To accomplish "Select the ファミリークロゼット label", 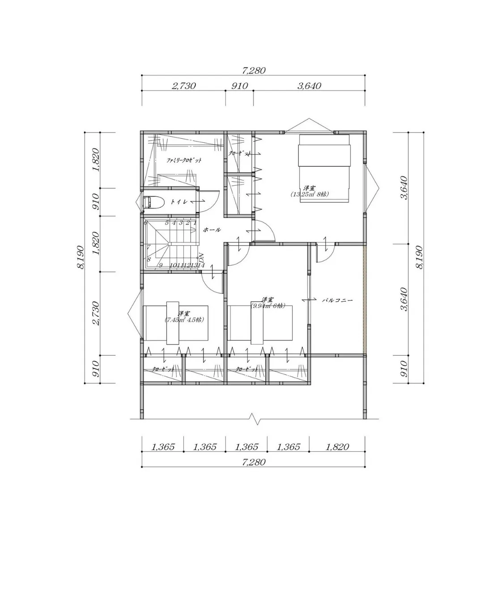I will (x=184, y=160).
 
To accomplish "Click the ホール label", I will (x=212, y=230).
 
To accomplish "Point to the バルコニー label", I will (x=338, y=301).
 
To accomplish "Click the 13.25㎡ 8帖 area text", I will (x=310, y=194).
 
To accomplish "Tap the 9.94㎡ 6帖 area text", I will (x=268, y=306).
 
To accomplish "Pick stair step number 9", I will (x=160, y=265).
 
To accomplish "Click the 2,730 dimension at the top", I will (x=183, y=86).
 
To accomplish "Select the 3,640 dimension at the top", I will (x=309, y=86).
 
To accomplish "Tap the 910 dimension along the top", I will (x=239, y=86).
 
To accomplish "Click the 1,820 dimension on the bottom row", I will (x=337, y=447).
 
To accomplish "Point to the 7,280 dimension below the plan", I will (x=254, y=463).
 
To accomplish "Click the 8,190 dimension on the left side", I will (x=81, y=257).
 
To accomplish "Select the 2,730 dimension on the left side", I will (x=96, y=313).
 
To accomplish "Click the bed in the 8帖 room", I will (x=324, y=168).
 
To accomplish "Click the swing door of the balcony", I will (x=325, y=253).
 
